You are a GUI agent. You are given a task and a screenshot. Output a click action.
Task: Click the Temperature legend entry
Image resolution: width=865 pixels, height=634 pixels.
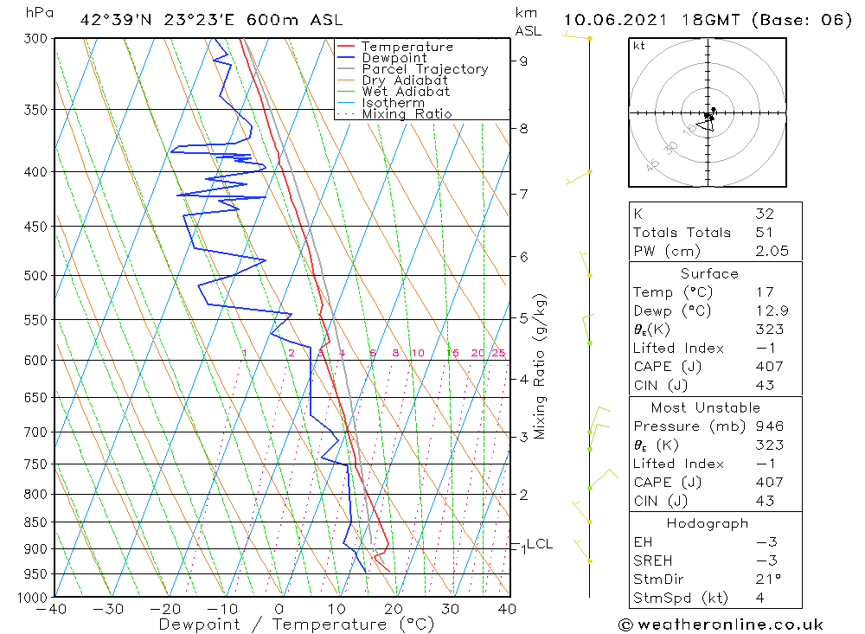point(407,47)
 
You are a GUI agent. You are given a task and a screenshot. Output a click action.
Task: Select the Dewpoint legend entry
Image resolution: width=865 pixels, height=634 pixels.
point(394,58)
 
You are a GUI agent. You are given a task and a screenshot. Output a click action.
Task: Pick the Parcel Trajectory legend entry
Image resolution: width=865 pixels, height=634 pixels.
point(425,69)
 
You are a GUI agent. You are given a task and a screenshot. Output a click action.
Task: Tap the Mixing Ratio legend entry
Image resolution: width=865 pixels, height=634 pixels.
point(407,114)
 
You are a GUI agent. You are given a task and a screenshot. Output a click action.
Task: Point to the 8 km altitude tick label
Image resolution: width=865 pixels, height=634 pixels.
point(523,129)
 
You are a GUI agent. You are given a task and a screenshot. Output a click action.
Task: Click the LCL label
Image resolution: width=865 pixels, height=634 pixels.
point(539,544)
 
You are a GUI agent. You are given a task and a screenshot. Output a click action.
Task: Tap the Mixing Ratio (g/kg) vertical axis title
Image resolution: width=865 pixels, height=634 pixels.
point(541,366)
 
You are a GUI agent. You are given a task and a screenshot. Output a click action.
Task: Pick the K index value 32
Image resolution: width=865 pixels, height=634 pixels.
point(764,214)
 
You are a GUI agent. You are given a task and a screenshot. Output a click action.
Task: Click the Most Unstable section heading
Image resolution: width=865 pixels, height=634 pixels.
point(706,407)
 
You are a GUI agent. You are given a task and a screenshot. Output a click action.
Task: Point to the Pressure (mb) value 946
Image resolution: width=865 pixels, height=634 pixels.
point(768,426)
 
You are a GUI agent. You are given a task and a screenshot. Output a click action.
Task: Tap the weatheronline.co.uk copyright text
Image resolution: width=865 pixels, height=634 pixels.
point(721,624)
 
